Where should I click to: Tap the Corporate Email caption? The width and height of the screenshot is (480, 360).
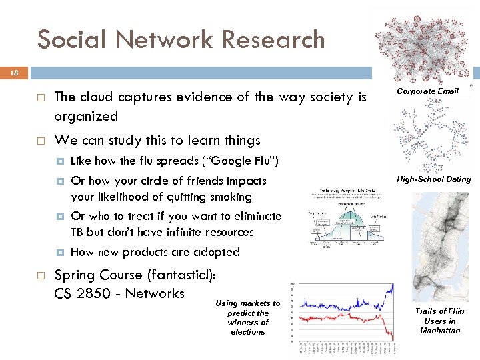pyautogui.click(x=427, y=91)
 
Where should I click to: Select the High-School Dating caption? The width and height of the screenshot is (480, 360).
pyautogui.click(x=433, y=179)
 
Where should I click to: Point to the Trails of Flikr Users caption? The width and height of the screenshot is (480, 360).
pyautogui.click(x=439, y=321)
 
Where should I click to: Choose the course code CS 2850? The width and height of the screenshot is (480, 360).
pyautogui.click(x=87, y=293)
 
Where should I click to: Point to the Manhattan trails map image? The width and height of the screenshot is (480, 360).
pyautogui.click(x=440, y=247)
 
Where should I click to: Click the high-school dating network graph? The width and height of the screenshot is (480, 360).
pyautogui.click(x=430, y=133)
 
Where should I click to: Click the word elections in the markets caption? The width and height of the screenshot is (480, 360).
pyautogui.click(x=247, y=332)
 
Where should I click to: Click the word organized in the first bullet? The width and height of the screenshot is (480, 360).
pyautogui.click(x=86, y=116)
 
